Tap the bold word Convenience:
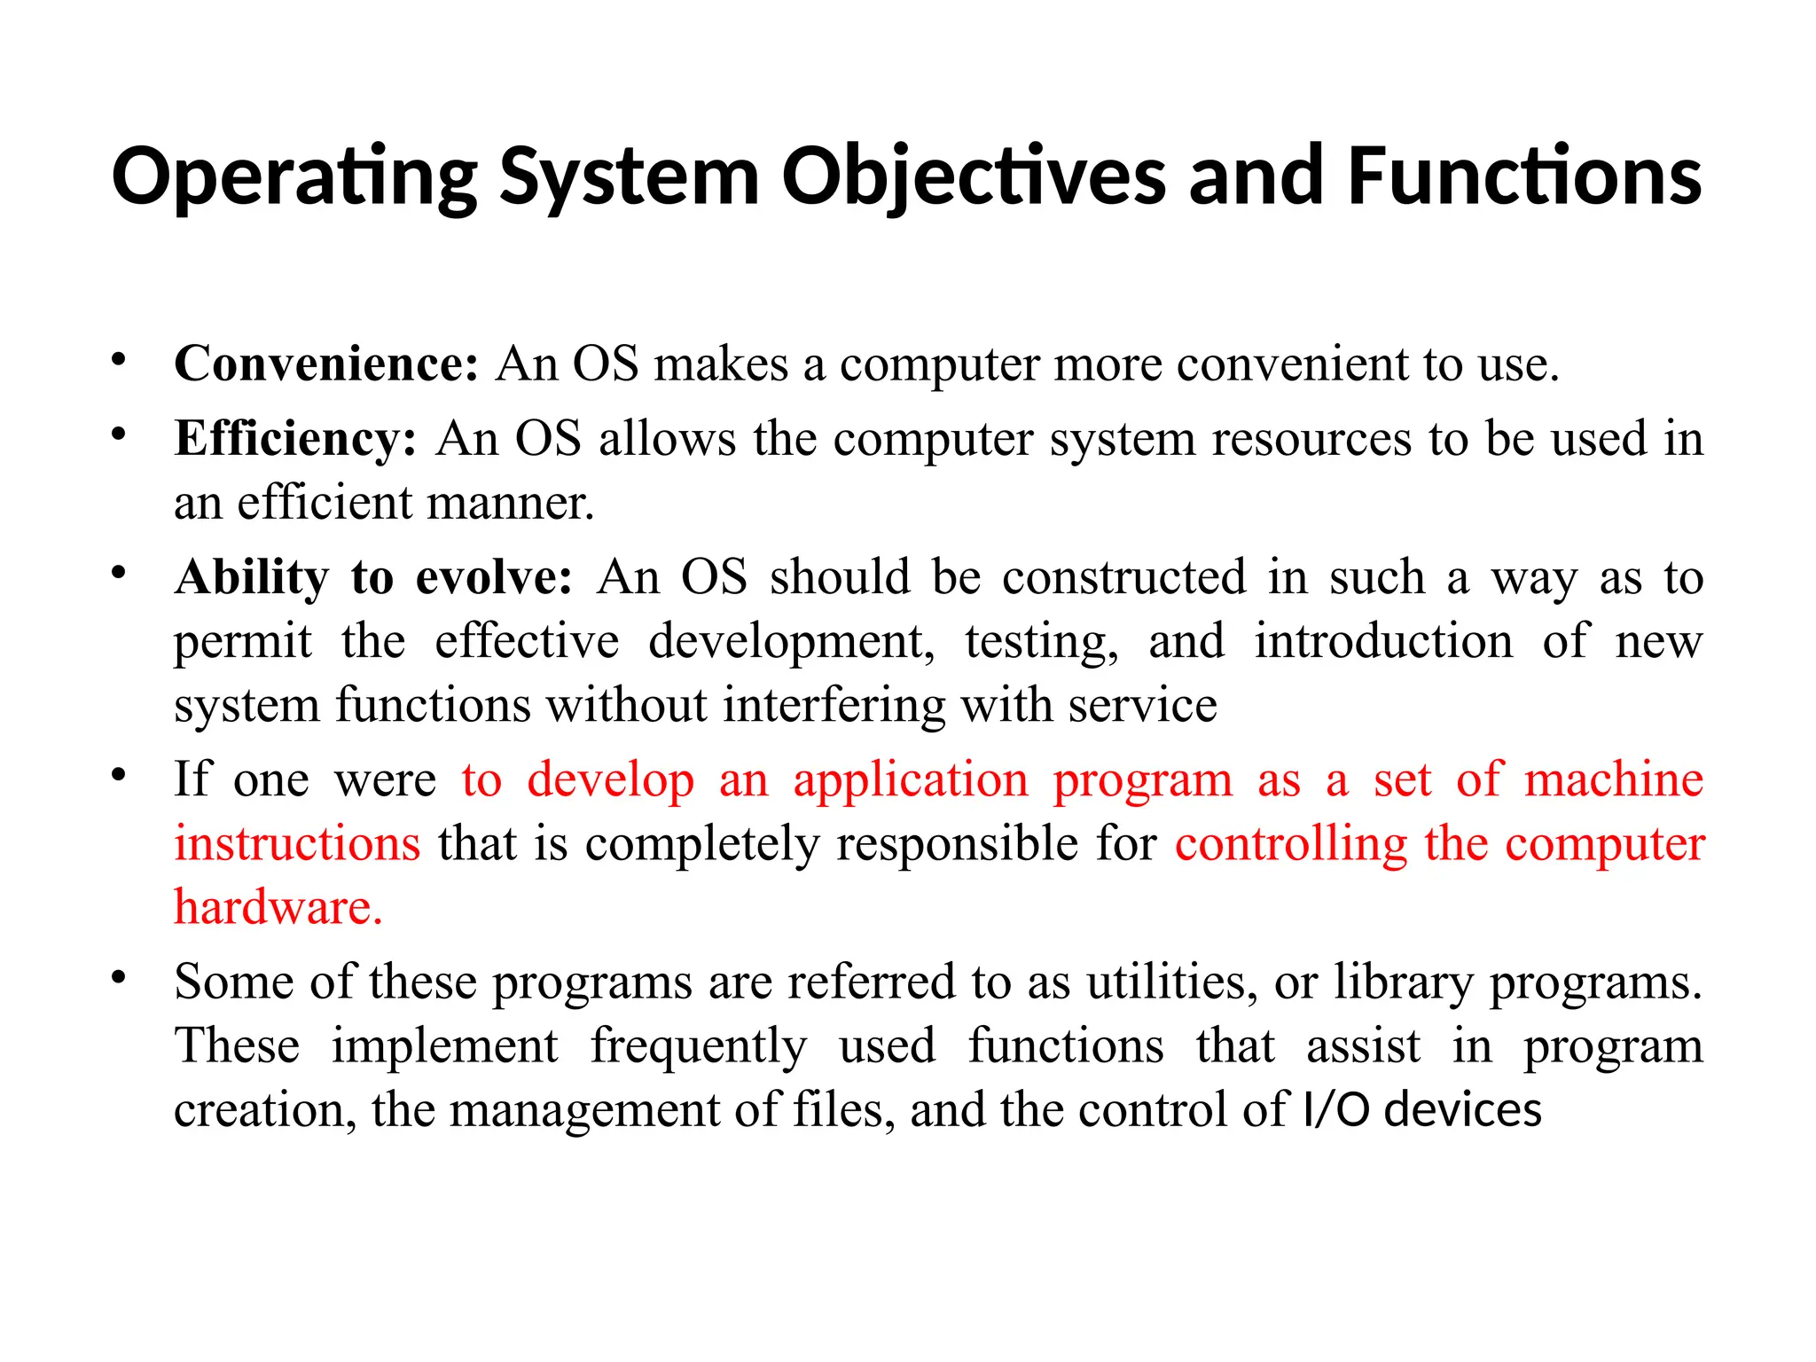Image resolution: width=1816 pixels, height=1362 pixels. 326,364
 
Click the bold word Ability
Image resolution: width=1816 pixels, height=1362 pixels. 252,578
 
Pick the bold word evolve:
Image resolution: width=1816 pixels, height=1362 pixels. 494,578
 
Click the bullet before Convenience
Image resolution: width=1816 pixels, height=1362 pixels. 118,359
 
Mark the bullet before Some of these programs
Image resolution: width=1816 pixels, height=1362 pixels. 118,977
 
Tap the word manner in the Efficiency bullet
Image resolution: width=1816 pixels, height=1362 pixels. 508,503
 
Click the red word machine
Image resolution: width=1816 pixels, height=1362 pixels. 1614,780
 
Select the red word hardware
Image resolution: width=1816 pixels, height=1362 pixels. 278,908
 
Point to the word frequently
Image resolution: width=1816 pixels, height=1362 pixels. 699,1046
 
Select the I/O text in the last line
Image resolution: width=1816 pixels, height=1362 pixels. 1336,1110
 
